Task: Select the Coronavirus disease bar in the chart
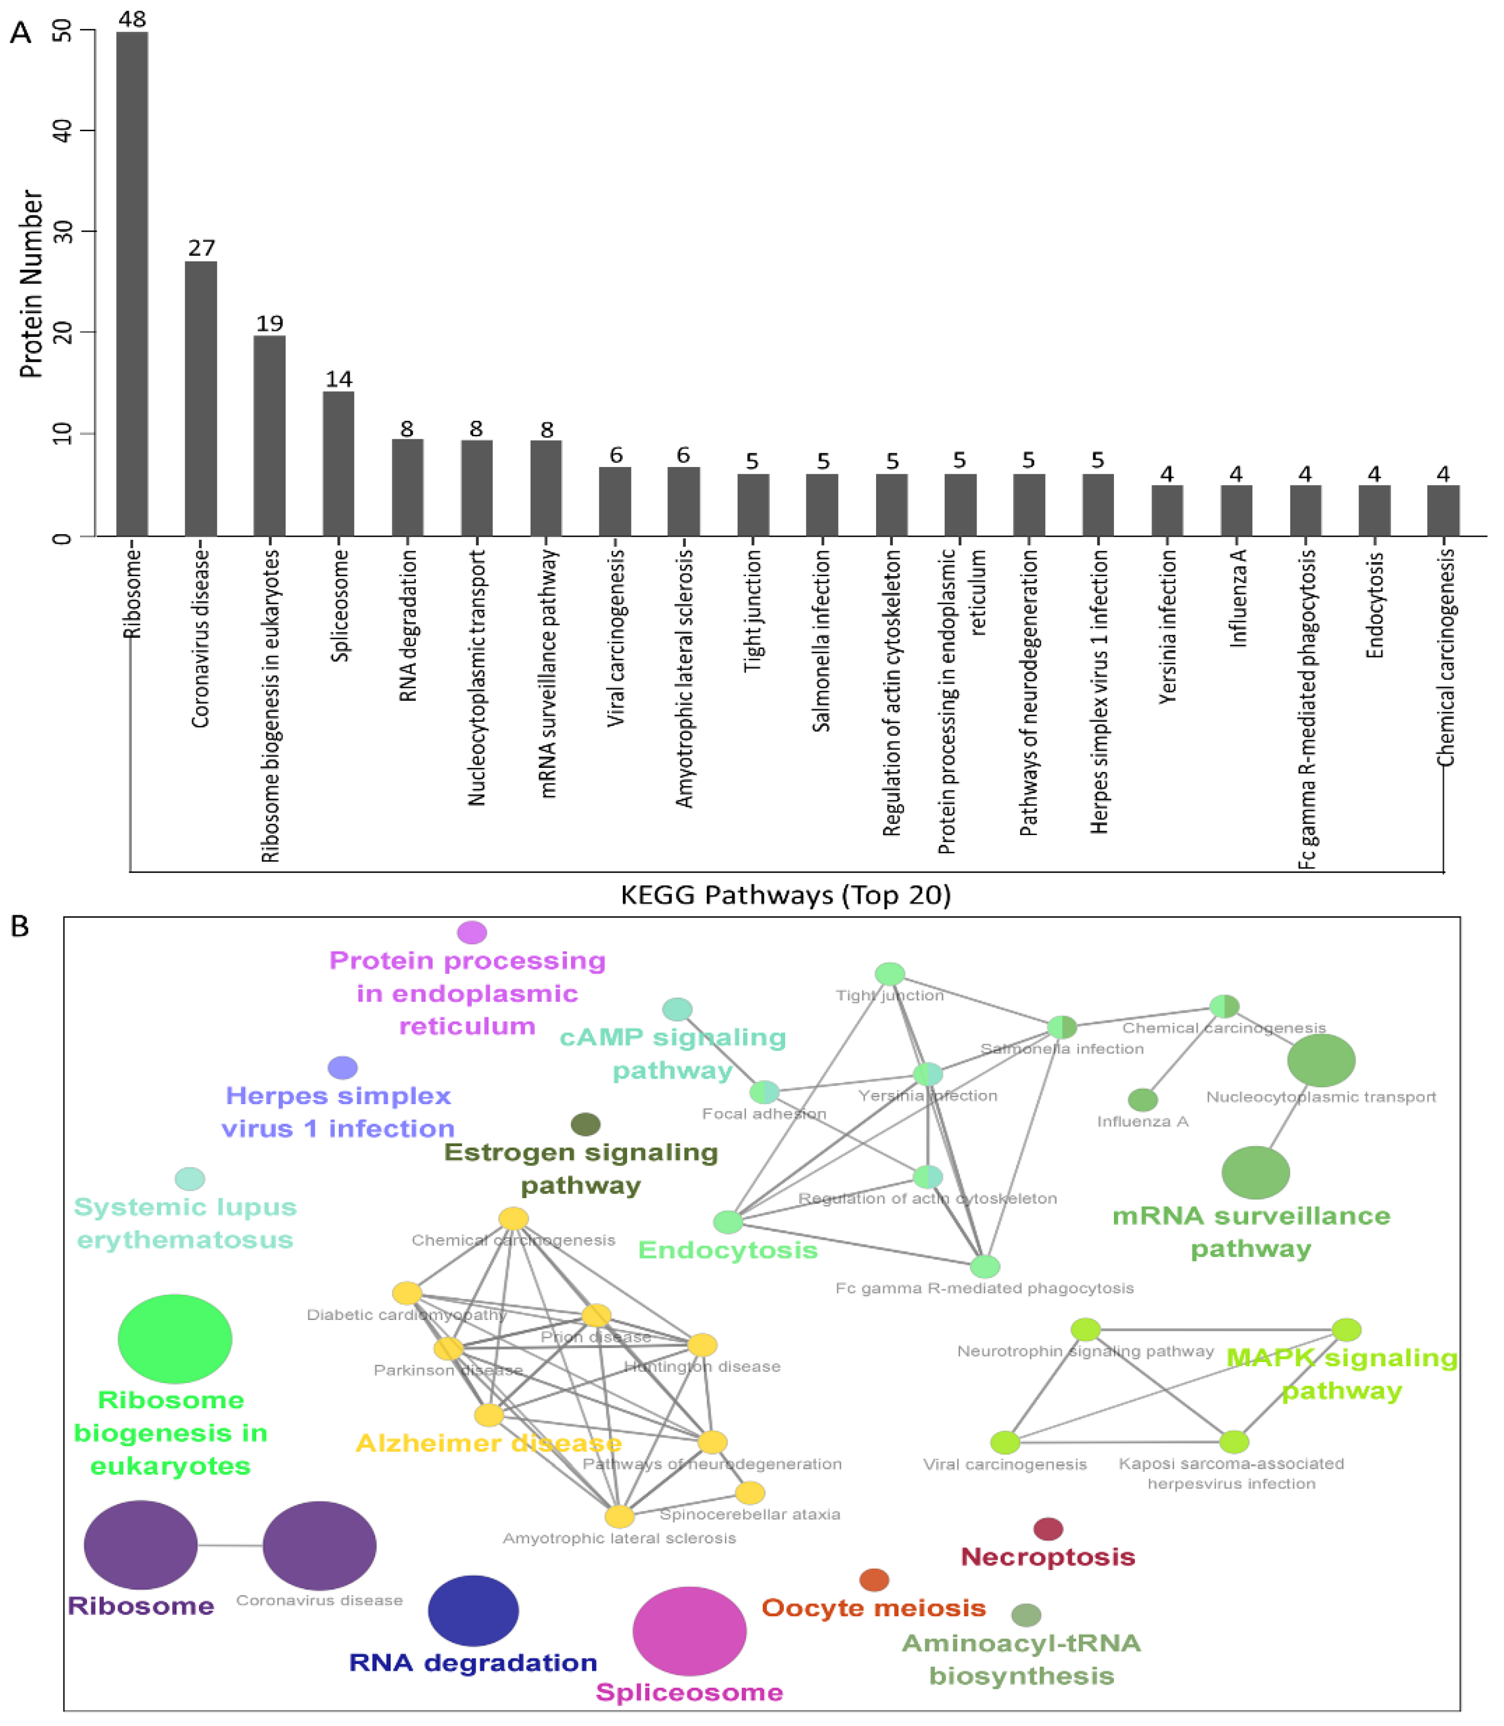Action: tap(200, 399)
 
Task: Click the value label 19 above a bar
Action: tap(270, 323)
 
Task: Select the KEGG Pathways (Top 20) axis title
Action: tap(785, 896)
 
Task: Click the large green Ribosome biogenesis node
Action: tap(175, 1338)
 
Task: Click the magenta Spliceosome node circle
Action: tap(689, 1630)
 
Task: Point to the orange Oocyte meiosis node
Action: tap(873, 1580)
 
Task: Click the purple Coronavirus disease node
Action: tap(319, 1545)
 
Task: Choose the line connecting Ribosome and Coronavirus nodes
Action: tap(230, 1545)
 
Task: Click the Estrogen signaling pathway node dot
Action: tap(585, 1124)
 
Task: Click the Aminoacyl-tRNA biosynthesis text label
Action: tap(1022, 1659)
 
